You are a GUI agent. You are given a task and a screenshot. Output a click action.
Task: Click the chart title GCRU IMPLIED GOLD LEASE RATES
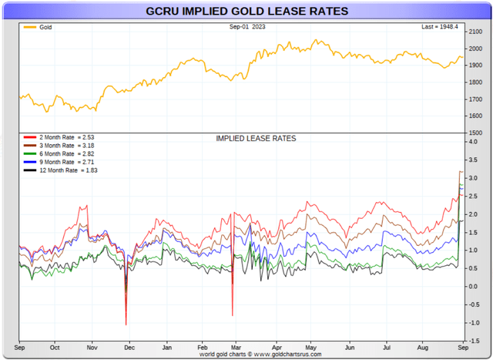point(246,12)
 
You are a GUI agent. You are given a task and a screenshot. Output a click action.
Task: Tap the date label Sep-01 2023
point(246,27)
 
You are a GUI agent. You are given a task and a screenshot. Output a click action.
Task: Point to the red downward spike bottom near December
point(126,325)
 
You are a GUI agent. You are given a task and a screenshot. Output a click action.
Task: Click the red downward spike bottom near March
point(232,315)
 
